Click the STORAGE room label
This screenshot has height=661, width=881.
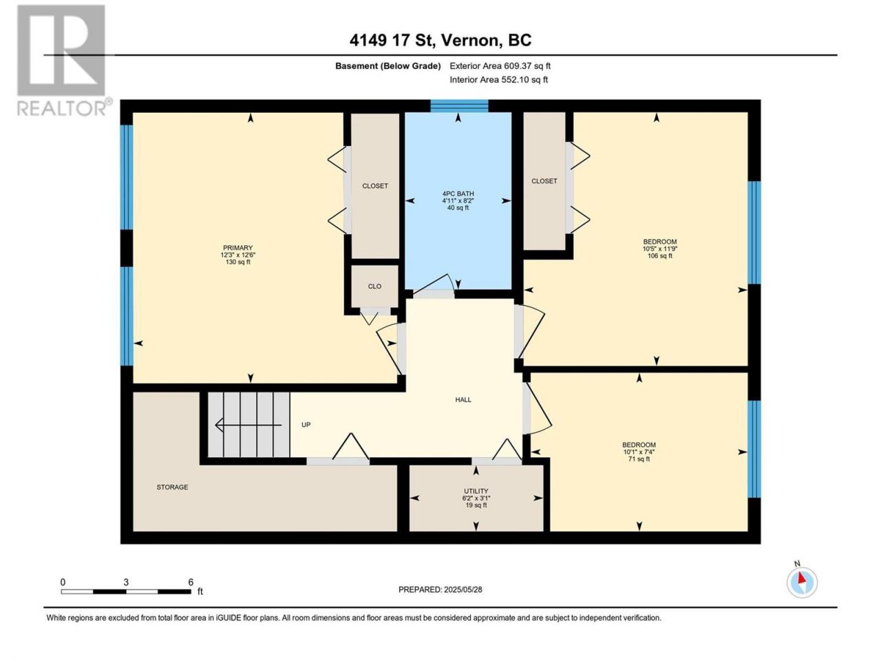[x=172, y=487]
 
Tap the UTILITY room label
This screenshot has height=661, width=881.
[x=476, y=491]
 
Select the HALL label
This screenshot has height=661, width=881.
[x=463, y=399]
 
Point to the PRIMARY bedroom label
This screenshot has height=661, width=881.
[x=238, y=248]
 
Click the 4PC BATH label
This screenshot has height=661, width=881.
[x=458, y=193]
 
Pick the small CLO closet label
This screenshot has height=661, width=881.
[x=374, y=286]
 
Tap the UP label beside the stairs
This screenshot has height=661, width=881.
[x=306, y=425]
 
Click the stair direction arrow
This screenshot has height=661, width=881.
[x=248, y=425]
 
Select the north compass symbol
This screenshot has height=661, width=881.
[x=802, y=582]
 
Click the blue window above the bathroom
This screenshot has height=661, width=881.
[x=459, y=105]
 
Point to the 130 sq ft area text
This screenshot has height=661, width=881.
[x=238, y=262]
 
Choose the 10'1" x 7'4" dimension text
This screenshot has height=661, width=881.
[x=639, y=452]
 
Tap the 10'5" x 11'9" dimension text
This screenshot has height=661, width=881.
[x=660, y=249]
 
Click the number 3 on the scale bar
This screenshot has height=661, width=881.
[x=126, y=582]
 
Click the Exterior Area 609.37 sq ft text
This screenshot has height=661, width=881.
[x=500, y=66]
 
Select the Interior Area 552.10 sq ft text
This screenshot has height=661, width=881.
[x=498, y=79]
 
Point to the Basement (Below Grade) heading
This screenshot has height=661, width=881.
[x=388, y=66]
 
